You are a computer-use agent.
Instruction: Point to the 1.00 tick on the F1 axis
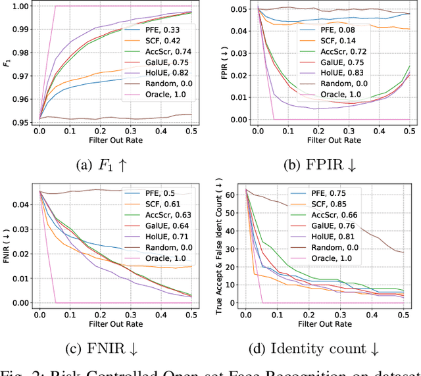tap(22, 6)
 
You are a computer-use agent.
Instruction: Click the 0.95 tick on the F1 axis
tap(22, 122)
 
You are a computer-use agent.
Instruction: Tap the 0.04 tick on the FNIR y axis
tap(22, 205)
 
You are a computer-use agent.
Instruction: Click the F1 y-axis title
tap(7, 64)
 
